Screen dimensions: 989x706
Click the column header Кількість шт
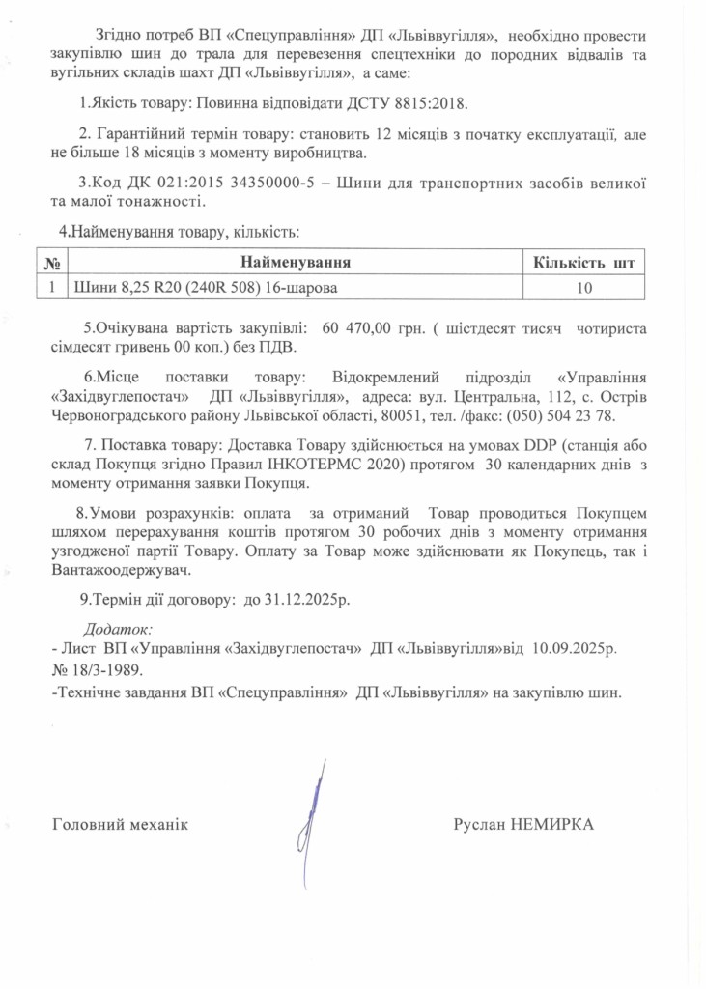coord(584,262)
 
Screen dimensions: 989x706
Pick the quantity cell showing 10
coord(583,287)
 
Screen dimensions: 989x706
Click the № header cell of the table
coord(53,262)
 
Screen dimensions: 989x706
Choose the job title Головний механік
coord(119,825)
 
